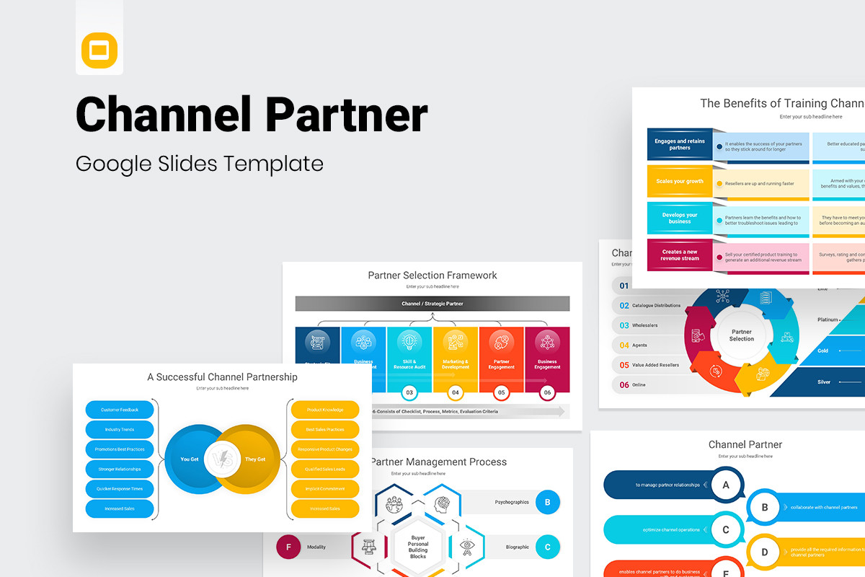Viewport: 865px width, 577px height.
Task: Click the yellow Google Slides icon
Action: point(99,50)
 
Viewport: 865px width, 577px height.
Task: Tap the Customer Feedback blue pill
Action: point(120,410)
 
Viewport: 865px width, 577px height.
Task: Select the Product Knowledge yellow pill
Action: point(325,410)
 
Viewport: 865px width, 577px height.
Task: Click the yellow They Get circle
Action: point(252,459)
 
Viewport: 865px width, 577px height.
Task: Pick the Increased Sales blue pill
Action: point(120,508)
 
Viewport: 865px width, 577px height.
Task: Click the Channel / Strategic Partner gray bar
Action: point(432,304)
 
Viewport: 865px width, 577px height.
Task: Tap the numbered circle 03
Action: point(409,393)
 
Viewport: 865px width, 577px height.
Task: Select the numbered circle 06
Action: point(547,393)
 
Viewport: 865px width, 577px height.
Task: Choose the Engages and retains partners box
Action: point(680,145)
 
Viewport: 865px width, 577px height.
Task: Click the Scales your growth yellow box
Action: point(680,182)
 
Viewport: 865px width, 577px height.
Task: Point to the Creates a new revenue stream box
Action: point(680,255)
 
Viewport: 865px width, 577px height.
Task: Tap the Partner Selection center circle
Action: point(741,335)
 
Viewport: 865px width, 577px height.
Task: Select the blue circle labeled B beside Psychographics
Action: point(548,502)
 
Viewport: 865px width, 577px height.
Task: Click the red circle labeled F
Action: point(288,547)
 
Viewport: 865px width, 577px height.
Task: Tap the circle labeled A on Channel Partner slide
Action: point(726,485)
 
